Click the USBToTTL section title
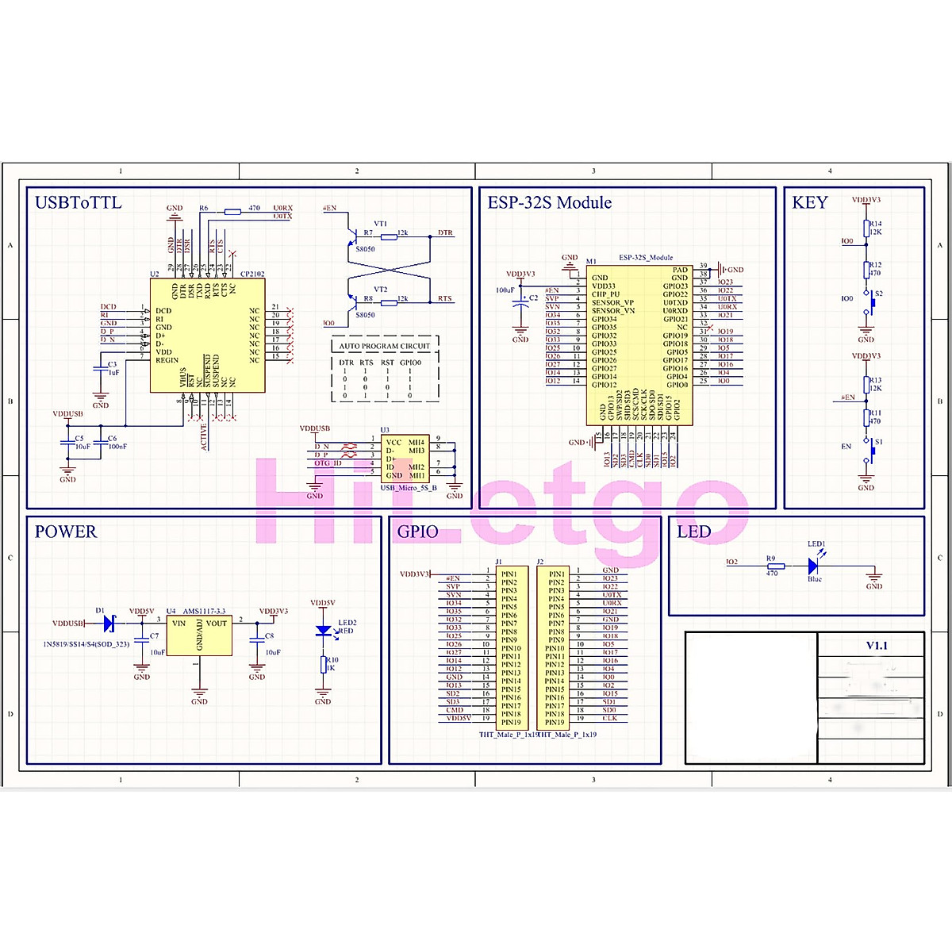coord(78,203)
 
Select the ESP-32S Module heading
coord(549,203)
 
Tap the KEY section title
coord(809,203)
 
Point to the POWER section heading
coord(65,532)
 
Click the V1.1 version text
coord(877,646)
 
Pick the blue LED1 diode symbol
coord(813,566)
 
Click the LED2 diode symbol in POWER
coord(323,631)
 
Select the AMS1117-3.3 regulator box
coord(199,635)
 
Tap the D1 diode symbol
coord(109,624)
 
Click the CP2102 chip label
coord(252,274)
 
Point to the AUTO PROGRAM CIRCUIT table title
coord(384,347)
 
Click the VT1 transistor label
coord(381,224)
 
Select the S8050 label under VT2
coord(365,315)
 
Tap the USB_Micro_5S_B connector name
coord(409,488)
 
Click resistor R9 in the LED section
coord(775,566)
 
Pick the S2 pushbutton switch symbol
coord(873,300)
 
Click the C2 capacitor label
coord(533,298)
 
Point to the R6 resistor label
coord(204,208)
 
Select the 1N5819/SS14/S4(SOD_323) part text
coord(86,644)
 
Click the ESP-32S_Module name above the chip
coord(646,258)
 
